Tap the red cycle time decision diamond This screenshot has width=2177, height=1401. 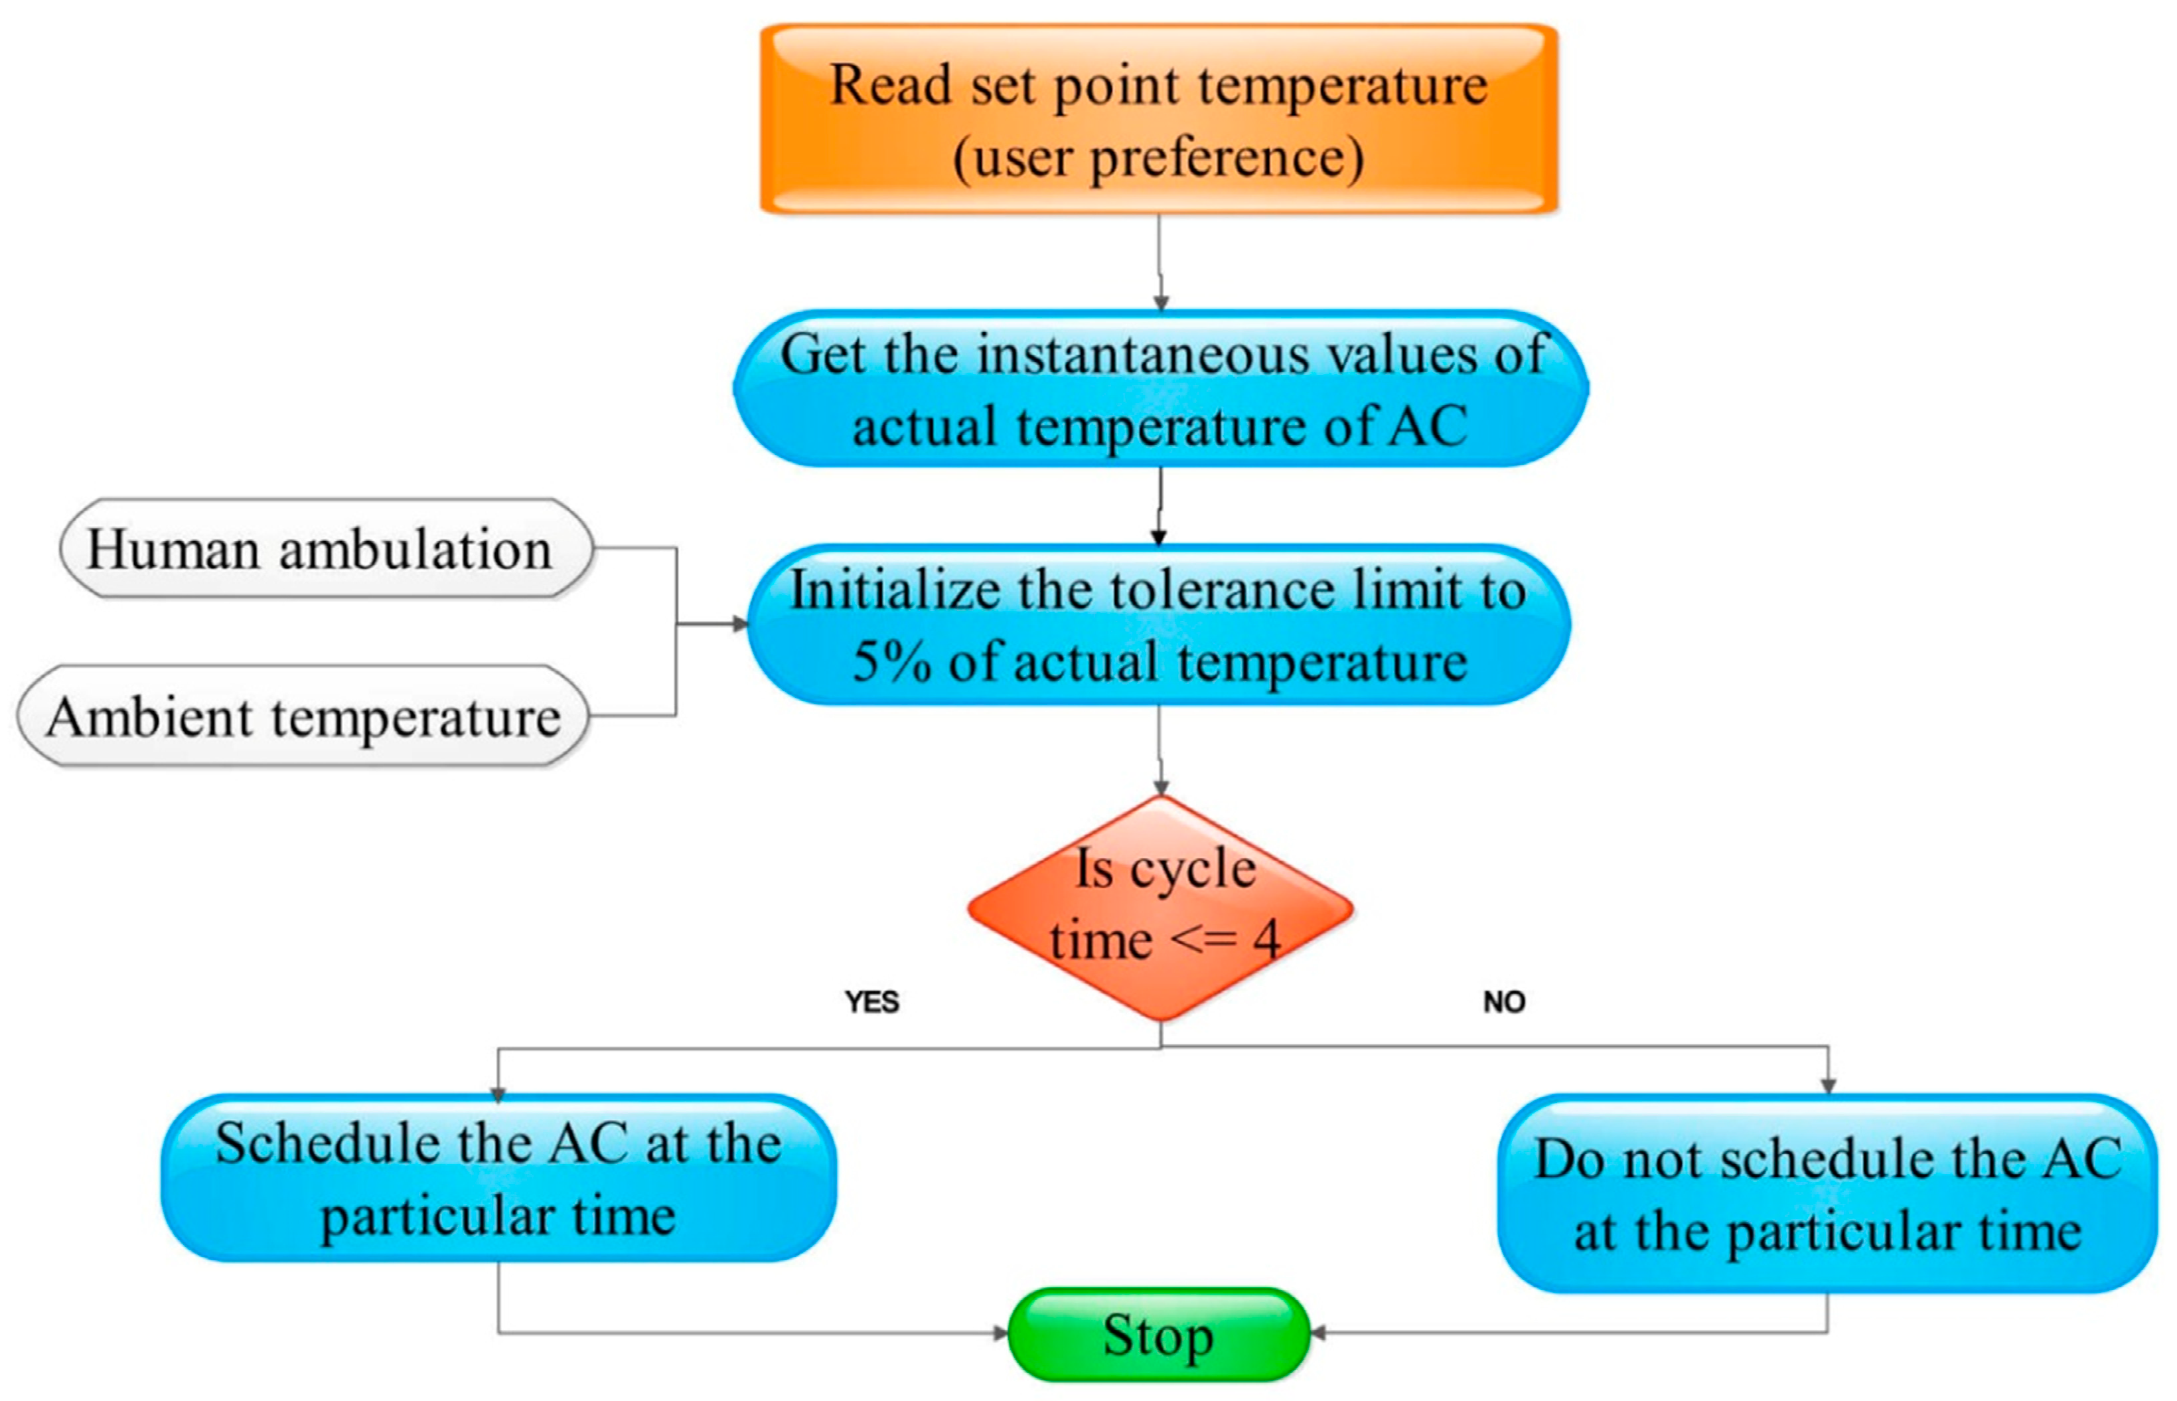coord(1160,907)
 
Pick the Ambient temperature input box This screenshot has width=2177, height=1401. coord(303,716)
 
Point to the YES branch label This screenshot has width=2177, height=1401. coord(871,1002)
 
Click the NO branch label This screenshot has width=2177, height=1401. coord(1503,1002)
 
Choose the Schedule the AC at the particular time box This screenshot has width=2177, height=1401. coord(498,1178)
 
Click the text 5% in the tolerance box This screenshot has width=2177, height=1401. coord(891,661)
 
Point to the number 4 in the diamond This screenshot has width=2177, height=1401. coord(1266,939)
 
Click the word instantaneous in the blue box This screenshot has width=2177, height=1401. coord(1142,353)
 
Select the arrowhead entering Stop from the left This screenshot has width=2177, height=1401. coord(1000,1334)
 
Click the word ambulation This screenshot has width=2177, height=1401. coord(415,550)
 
